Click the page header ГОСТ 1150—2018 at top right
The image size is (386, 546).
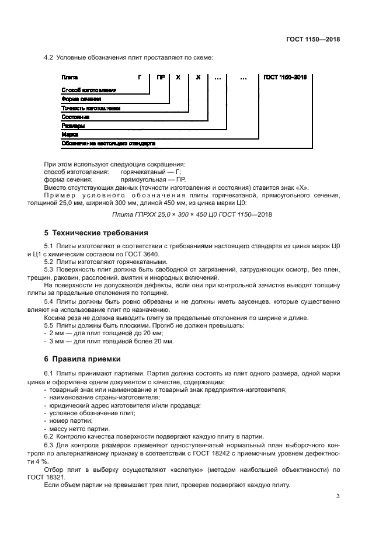click(312, 40)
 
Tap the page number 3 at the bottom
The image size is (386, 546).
click(338, 496)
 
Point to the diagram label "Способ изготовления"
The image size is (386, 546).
click(89, 90)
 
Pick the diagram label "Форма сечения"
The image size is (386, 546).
click(81, 99)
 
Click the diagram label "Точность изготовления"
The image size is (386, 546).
click(91, 108)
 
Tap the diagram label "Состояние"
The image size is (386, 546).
click(75, 117)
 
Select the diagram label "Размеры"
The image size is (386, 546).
click(73, 126)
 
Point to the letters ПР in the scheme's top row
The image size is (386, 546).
click(160, 77)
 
